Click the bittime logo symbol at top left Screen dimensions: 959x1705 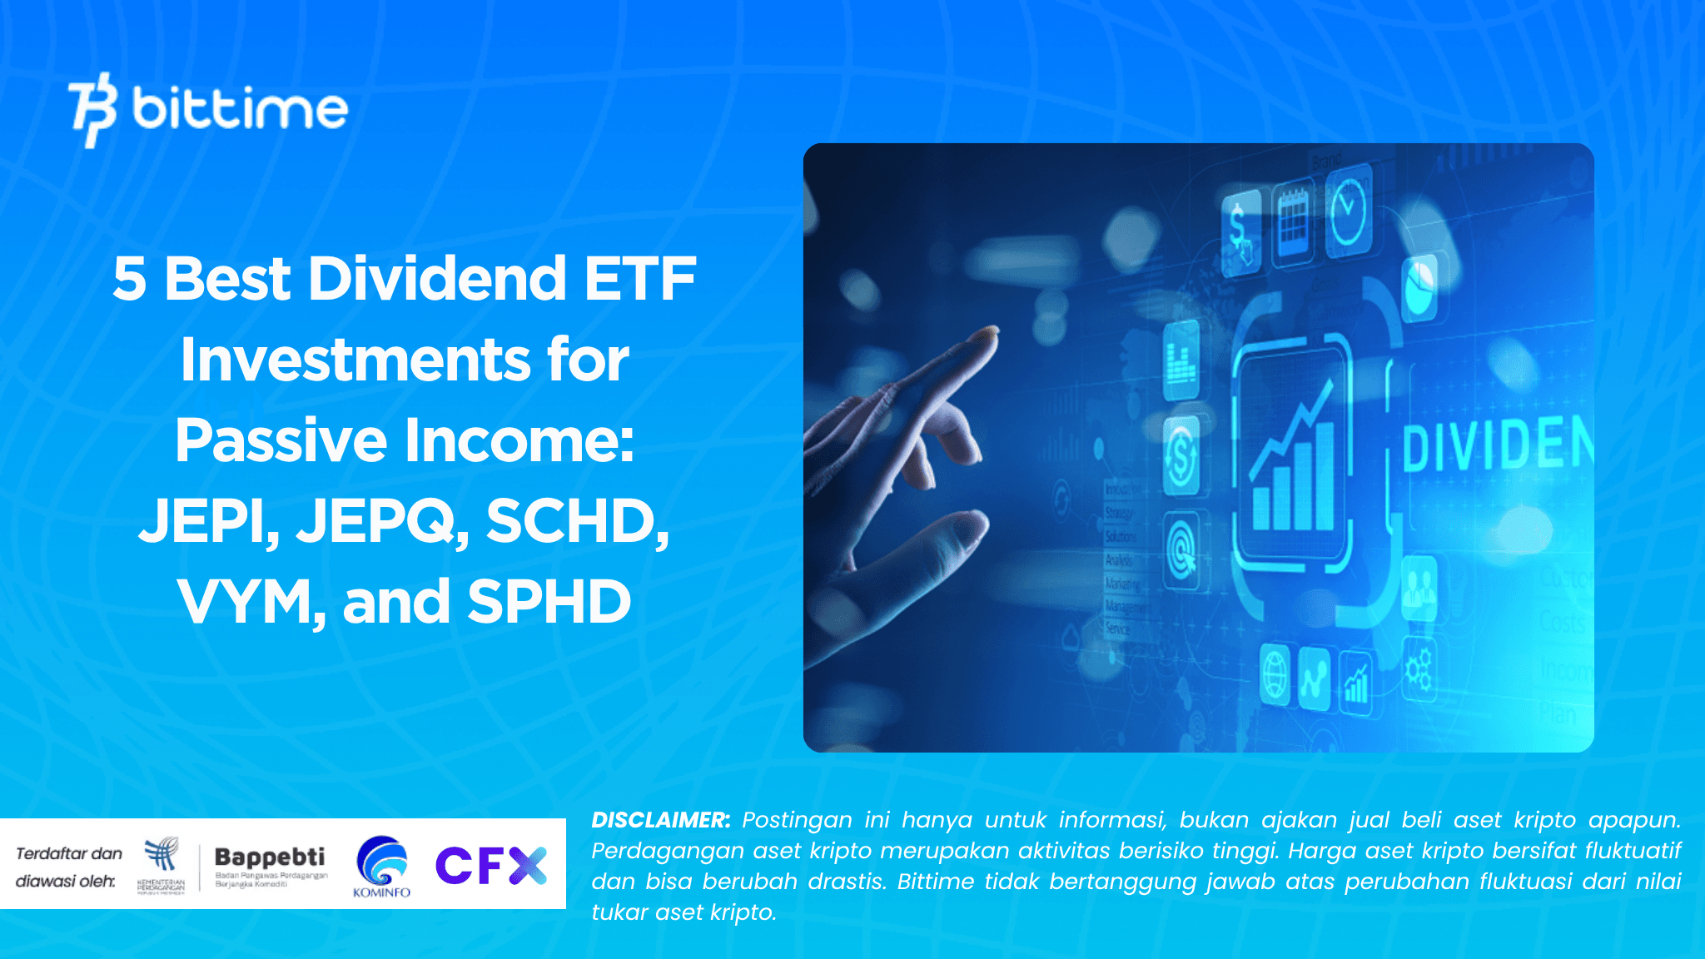click(x=92, y=109)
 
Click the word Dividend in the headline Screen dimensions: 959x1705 click(x=438, y=279)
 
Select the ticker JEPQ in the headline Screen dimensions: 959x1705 click(x=381, y=522)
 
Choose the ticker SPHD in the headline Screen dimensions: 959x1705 click(x=549, y=602)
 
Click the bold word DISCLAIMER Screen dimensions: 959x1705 click(x=660, y=820)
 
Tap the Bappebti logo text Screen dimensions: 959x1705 click(x=270, y=857)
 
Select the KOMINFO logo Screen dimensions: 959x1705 click(x=381, y=867)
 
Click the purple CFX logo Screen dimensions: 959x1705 click(x=491, y=865)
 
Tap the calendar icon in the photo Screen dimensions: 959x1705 click(x=1293, y=219)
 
